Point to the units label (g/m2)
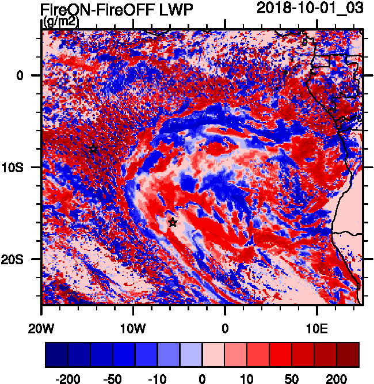click(x=62, y=22)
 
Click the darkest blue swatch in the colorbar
click(x=56, y=355)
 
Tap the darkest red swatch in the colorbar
click(x=348, y=355)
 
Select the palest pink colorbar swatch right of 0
click(x=213, y=355)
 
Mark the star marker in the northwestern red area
click(x=93, y=149)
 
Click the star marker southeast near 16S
click(x=173, y=222)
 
